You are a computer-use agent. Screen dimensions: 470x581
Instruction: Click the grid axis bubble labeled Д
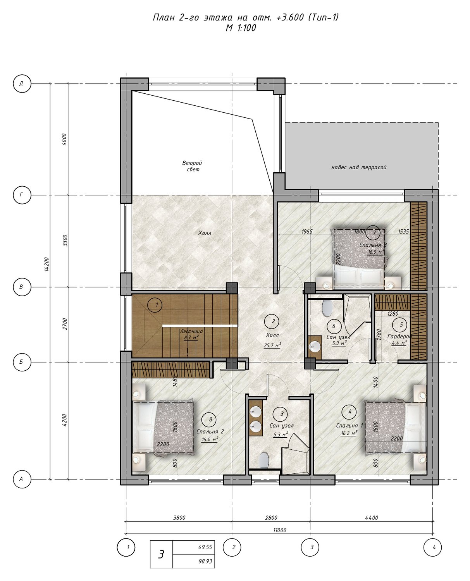22,83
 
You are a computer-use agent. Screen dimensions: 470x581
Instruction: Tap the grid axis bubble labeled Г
22,195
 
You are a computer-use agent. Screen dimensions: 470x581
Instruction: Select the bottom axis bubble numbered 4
432,547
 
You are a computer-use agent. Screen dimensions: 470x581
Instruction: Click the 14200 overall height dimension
47,264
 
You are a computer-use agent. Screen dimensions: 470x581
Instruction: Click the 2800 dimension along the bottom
271,517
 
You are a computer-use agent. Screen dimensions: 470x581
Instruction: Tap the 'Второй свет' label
192,166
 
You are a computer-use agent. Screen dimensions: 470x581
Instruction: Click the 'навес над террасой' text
359,167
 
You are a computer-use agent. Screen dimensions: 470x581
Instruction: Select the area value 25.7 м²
272,346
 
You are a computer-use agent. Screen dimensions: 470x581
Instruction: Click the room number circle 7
375,233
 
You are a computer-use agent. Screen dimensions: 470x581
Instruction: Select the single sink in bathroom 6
315,347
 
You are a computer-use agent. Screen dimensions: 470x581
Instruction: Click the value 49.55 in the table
205,547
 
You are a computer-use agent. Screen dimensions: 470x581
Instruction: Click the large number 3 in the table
161,554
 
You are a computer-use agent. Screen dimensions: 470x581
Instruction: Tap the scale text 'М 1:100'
241,28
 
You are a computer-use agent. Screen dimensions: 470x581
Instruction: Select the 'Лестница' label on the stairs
191,332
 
